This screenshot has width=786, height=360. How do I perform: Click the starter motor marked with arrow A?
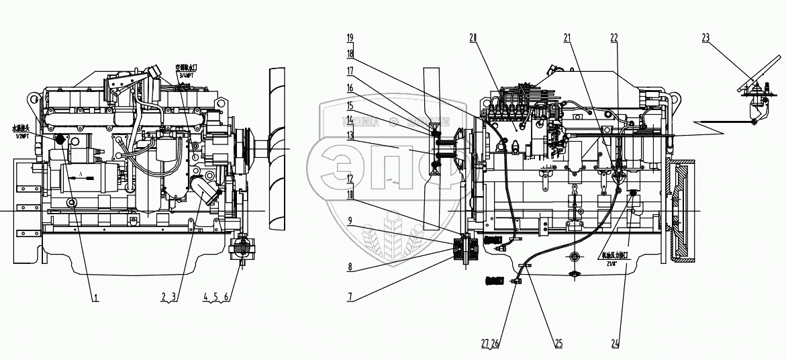click(83, 178)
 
